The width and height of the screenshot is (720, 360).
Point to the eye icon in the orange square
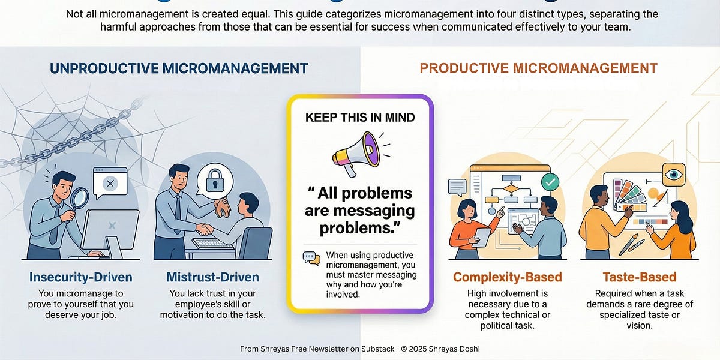[x=674, y=174]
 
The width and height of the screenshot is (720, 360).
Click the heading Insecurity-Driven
[x=81, y=277]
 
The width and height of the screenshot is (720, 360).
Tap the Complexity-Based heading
[x=508, y=277]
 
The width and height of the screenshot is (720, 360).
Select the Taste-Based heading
[x=639, y=277]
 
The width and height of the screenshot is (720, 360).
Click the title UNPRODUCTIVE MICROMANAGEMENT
[x=179, y=68]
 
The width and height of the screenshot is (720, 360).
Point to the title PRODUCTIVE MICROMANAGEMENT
[x=538, y=68]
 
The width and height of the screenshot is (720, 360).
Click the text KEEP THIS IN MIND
[x=360, y=117]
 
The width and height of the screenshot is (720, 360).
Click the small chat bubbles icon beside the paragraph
[x=311, y=258]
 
